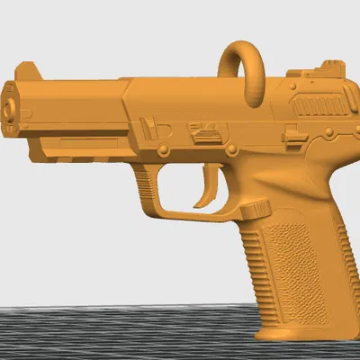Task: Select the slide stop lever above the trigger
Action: tap(205, 135)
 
